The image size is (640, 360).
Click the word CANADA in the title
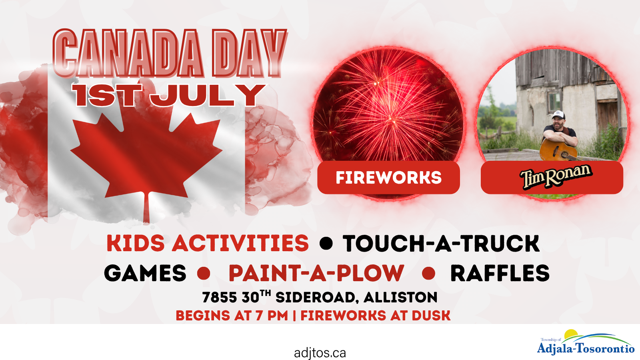(x=128, y=53)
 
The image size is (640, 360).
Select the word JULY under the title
(x=208, y=95)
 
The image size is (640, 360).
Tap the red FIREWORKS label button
(x=388, y=178)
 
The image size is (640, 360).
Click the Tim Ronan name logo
(x=556, y=176)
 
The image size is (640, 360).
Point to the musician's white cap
(x=558, y=114)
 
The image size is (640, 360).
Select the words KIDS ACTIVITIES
(x=208, y=243)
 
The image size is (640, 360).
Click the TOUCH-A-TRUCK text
(x=441, y=243)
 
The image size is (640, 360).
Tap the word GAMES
(x=145, y=273)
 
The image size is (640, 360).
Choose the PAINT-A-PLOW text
(x=316, y=273)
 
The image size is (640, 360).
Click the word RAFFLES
(x=500, y=273)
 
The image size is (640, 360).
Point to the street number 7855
(x=220, y=298)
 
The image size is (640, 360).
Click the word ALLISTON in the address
(x=400, y=298)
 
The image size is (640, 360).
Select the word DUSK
(x=431, y=316)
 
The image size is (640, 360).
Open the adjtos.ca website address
(x=320, y=353)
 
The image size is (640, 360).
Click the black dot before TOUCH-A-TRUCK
(x=326, y=244)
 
